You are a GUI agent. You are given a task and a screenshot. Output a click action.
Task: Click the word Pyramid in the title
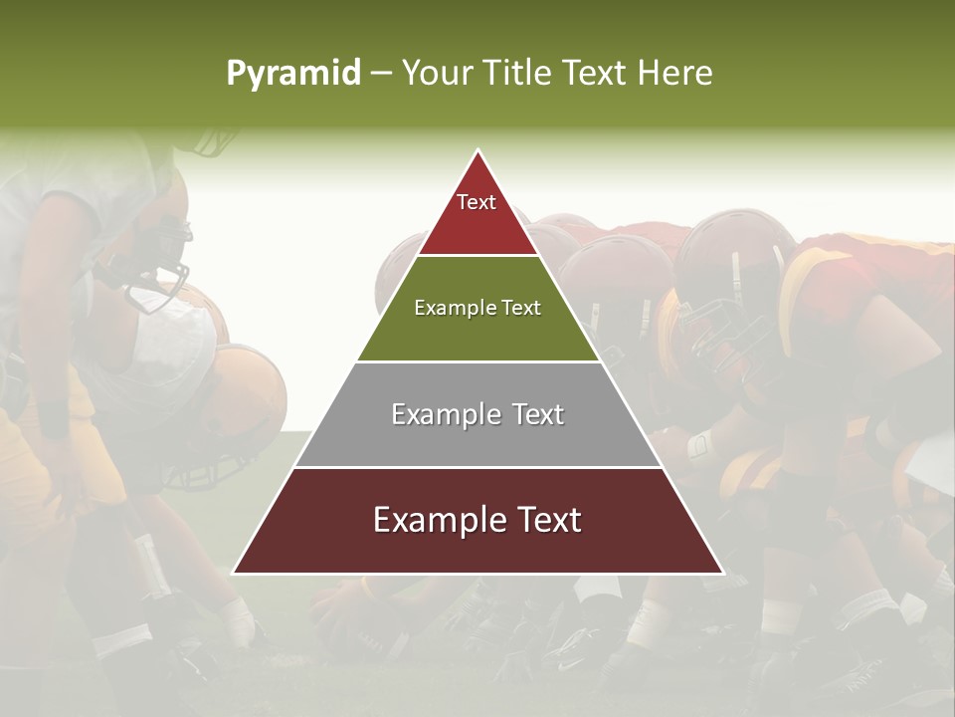292,74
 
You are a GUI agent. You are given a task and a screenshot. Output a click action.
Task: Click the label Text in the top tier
477,202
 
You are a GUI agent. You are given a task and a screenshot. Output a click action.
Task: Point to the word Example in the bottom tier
434,520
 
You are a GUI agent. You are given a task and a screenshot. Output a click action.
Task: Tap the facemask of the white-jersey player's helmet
164,264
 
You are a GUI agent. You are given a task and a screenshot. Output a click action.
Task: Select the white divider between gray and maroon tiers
477,467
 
